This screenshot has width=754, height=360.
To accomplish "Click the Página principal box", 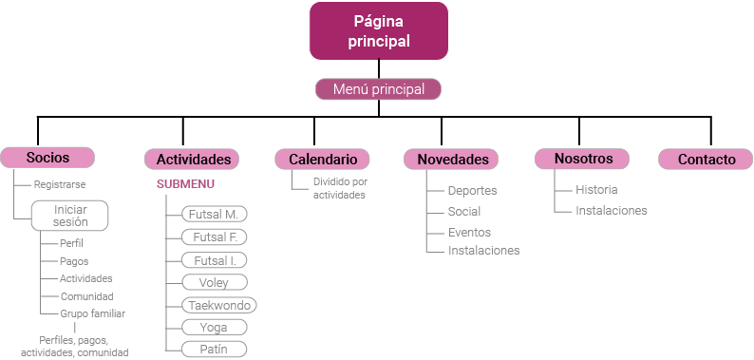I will click(378, 30).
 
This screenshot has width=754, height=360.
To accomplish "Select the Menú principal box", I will click(378, 89).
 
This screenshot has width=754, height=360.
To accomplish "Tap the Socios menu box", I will click(47, 158).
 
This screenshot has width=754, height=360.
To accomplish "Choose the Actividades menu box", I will click(193, 160).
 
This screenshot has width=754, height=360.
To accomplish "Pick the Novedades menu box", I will click(452, 160).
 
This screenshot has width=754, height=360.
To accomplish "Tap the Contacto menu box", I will click(706, 160).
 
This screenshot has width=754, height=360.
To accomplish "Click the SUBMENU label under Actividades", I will click(185, 184).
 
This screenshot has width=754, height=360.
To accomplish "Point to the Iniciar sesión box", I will click(70, 216).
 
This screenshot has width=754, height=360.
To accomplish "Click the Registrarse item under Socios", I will click(60, 183).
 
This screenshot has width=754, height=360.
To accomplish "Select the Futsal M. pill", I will click(214, 214).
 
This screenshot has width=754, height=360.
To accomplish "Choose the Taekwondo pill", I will click(219, 305).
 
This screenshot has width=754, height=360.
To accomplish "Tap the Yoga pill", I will click(214, 328).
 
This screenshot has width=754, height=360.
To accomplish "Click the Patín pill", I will click(214, 350).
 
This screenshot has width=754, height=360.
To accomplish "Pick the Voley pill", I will click(214, 282).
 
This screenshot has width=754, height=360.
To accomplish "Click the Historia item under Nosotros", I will click(596, 190).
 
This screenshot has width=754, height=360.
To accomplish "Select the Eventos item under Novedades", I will click(469, 232).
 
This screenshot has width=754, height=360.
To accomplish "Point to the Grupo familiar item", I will click(92, 313).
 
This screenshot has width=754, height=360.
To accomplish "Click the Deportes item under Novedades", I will click(472, 191).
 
